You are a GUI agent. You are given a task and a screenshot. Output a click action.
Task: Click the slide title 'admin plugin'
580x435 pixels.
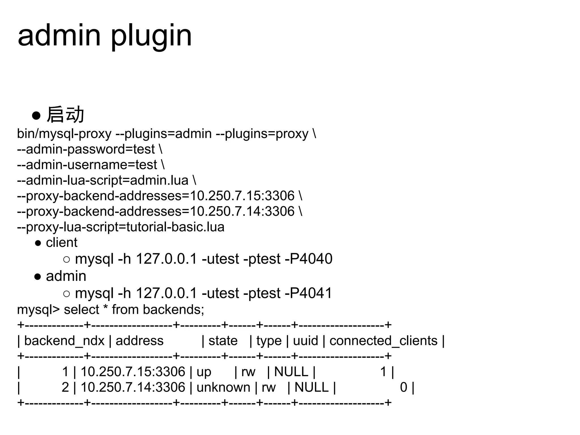pyautogui.click(x=105, y=36)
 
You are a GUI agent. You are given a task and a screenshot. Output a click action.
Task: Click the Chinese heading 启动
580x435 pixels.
pyautogui.click(x=65, y=115)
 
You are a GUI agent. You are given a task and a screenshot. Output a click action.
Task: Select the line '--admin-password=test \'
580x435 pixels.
pyautogui.click(x=90, y=149)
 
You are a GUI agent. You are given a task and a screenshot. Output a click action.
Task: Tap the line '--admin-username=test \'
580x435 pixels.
pyautogui.click(x=91, y=165)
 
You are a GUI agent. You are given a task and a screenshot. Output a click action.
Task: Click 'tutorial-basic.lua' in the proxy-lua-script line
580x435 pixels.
pyautogui.click(x=175, y=227)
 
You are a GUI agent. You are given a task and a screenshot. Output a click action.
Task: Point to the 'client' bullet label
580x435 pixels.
pyautogui.click(x=61, y=243)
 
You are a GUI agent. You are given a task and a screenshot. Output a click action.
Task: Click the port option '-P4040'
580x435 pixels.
pyautogui.click(x=309, y=259)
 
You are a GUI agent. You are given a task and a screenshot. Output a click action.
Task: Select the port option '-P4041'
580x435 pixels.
pyautogui.click(x=308, y=293)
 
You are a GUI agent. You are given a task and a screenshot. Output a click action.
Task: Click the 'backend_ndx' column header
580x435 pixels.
pyautogui.click(x=64, y=341)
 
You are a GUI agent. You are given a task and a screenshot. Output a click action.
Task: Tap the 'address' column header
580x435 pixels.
pyautogui.click(x=139, y=341)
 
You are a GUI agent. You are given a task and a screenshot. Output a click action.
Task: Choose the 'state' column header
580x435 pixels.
pyautogui.click(x=223, y=341)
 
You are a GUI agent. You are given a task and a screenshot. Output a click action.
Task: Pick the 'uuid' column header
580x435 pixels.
pyautogui.click(x=305, y=341)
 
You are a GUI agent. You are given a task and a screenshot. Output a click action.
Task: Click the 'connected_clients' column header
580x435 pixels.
pyautogui.click(x=383, y=341)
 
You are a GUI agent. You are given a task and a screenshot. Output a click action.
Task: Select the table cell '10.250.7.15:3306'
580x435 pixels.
pyautogui.click(x=133, y=372)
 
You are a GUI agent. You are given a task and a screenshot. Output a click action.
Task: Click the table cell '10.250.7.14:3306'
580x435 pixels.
pyautogui.click(x=133, y=387)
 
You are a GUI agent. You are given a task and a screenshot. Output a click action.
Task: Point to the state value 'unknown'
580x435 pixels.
pyautogui.click(x=223, y=387)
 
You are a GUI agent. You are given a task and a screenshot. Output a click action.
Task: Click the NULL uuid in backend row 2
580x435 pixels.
pyautogui.click(x=311, y=387)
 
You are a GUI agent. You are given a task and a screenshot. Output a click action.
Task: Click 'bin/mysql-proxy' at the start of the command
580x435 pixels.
pyautogui.click(x=64, y=134)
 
